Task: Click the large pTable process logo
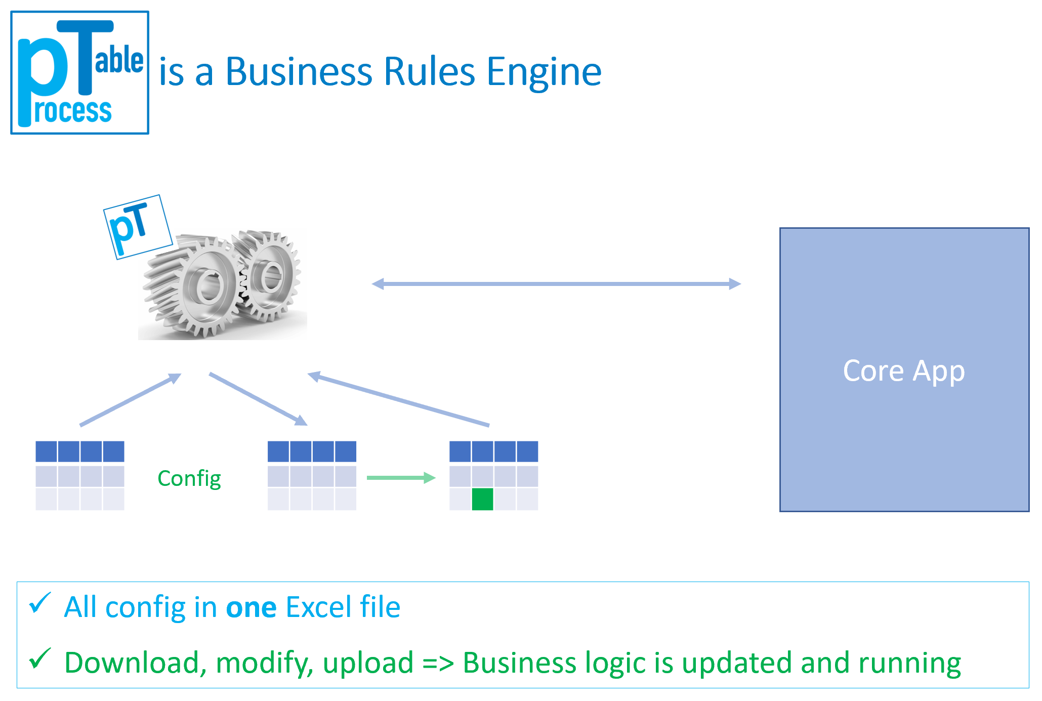pyautogui.click(x=79, y=72)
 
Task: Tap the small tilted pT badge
pyautogui.click(x=138, y=227)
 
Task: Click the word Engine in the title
pyautogui.click(x=544, y=72)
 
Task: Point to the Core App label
pyautogui.click(x=904, y=371)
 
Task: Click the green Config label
pyautogui.click(x=189, y=478)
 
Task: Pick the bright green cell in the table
pyautogui.click(x=482, y=499)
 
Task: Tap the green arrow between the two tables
pyautogui.click(x=401, y=478)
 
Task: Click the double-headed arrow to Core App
pyautogui.click(x=556, y=284)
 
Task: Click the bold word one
pyautogui.click(x=251, y=607)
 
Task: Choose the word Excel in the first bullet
pyautogui.click(x=318, y=607)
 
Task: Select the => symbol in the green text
pyautogui.click(x=438, y=663)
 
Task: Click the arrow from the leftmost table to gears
pyautogui.click(x=130, y=400)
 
